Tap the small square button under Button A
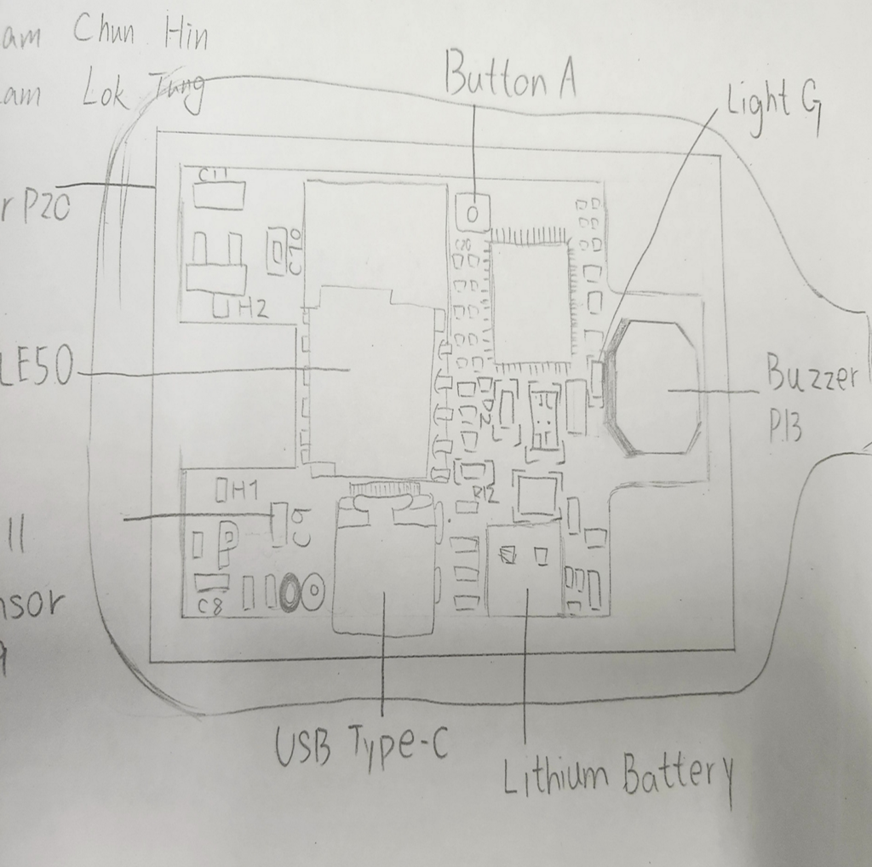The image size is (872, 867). pos(472,210)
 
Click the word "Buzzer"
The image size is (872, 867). pos(810,376)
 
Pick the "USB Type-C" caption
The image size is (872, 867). pos(361,745)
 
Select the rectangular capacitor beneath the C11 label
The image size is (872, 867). pos(219,195)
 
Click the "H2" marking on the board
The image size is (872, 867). pos(253,308)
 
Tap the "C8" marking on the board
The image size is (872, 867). pos(210,606)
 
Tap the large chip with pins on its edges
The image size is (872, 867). pos(531,301)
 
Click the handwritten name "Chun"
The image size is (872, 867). pos(103,32)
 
